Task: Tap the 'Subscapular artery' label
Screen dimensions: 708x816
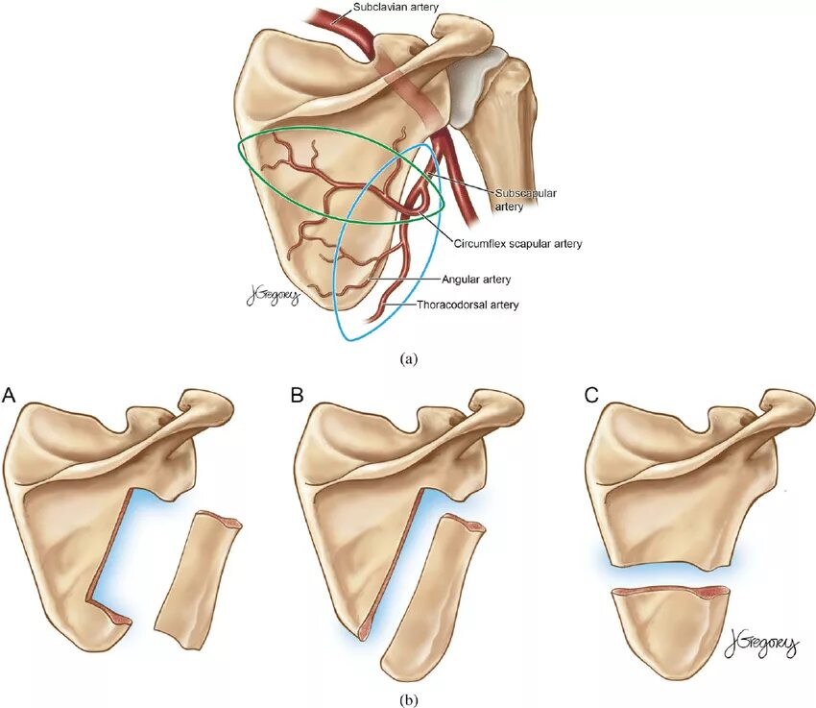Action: (x=525, y=199)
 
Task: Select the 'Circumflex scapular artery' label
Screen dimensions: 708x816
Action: (x=517, y=244)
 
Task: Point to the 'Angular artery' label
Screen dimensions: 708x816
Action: (x=475, y=279)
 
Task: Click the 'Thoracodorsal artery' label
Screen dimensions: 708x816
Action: (x=468, y=305)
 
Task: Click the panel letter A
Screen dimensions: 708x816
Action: (x=10, y=394)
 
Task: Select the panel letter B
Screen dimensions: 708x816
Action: (x=297, y=394)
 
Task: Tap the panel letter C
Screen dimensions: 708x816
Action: (x=592, y=394)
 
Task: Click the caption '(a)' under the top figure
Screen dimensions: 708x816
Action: (x=409, y=358)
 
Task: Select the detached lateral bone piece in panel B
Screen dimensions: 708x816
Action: (x=431, y=596)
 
